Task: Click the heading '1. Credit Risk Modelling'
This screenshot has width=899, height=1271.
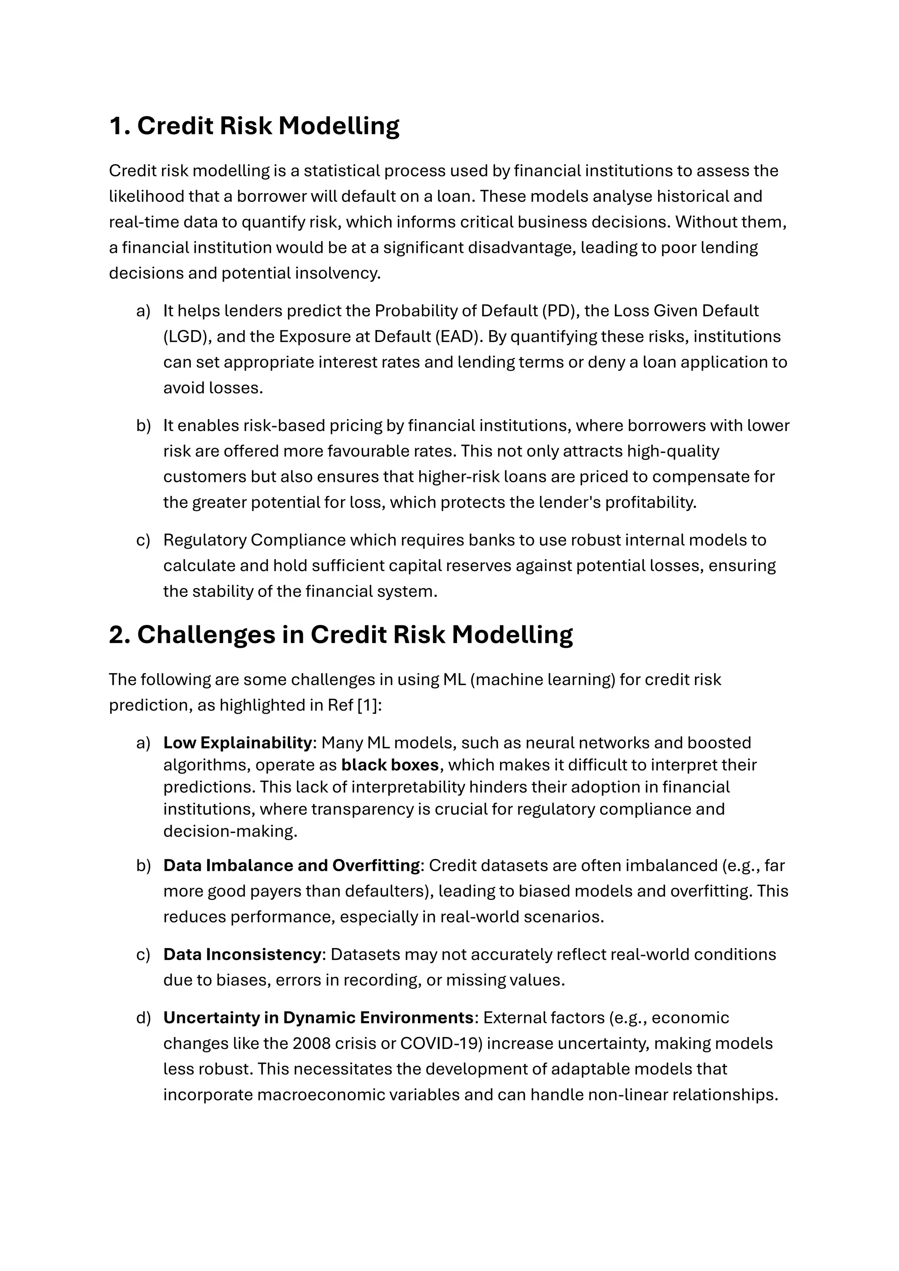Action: pyautogui.click(x=254, y=126)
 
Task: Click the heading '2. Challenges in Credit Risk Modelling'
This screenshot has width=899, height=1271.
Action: pyautogui.click(x=341, y=634)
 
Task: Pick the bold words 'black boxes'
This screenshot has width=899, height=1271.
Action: pyautogui.click(x=390, y=765)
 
